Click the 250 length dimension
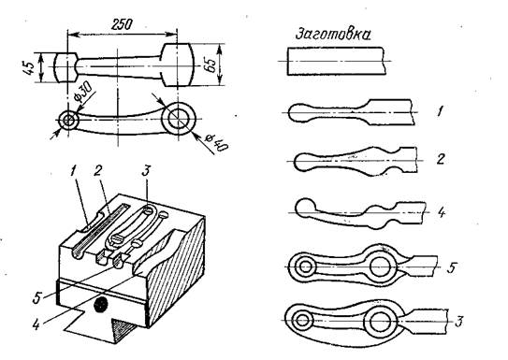(x=122, y=24)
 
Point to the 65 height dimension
(x=210, y=65)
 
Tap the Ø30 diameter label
(x=82, y=92)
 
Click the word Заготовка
(x=333, y=35)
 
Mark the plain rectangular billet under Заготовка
(x=336, y=61)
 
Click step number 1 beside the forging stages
(x=440, y=111)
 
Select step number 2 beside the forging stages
(x=440, y=159)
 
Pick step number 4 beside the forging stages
(x=441, y=212)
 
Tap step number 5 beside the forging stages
(x=452, y=267)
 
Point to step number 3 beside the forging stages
(x=458, y=322)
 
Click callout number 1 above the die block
(x=73, y=171)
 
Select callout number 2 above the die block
(x=97, y=171)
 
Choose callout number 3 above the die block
(x=147, y=170)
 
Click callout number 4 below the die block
(x=36, y=324)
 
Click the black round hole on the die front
(x=100, y=304)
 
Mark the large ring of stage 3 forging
(x=380, y=322)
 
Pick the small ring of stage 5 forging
(x=305, y=267)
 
